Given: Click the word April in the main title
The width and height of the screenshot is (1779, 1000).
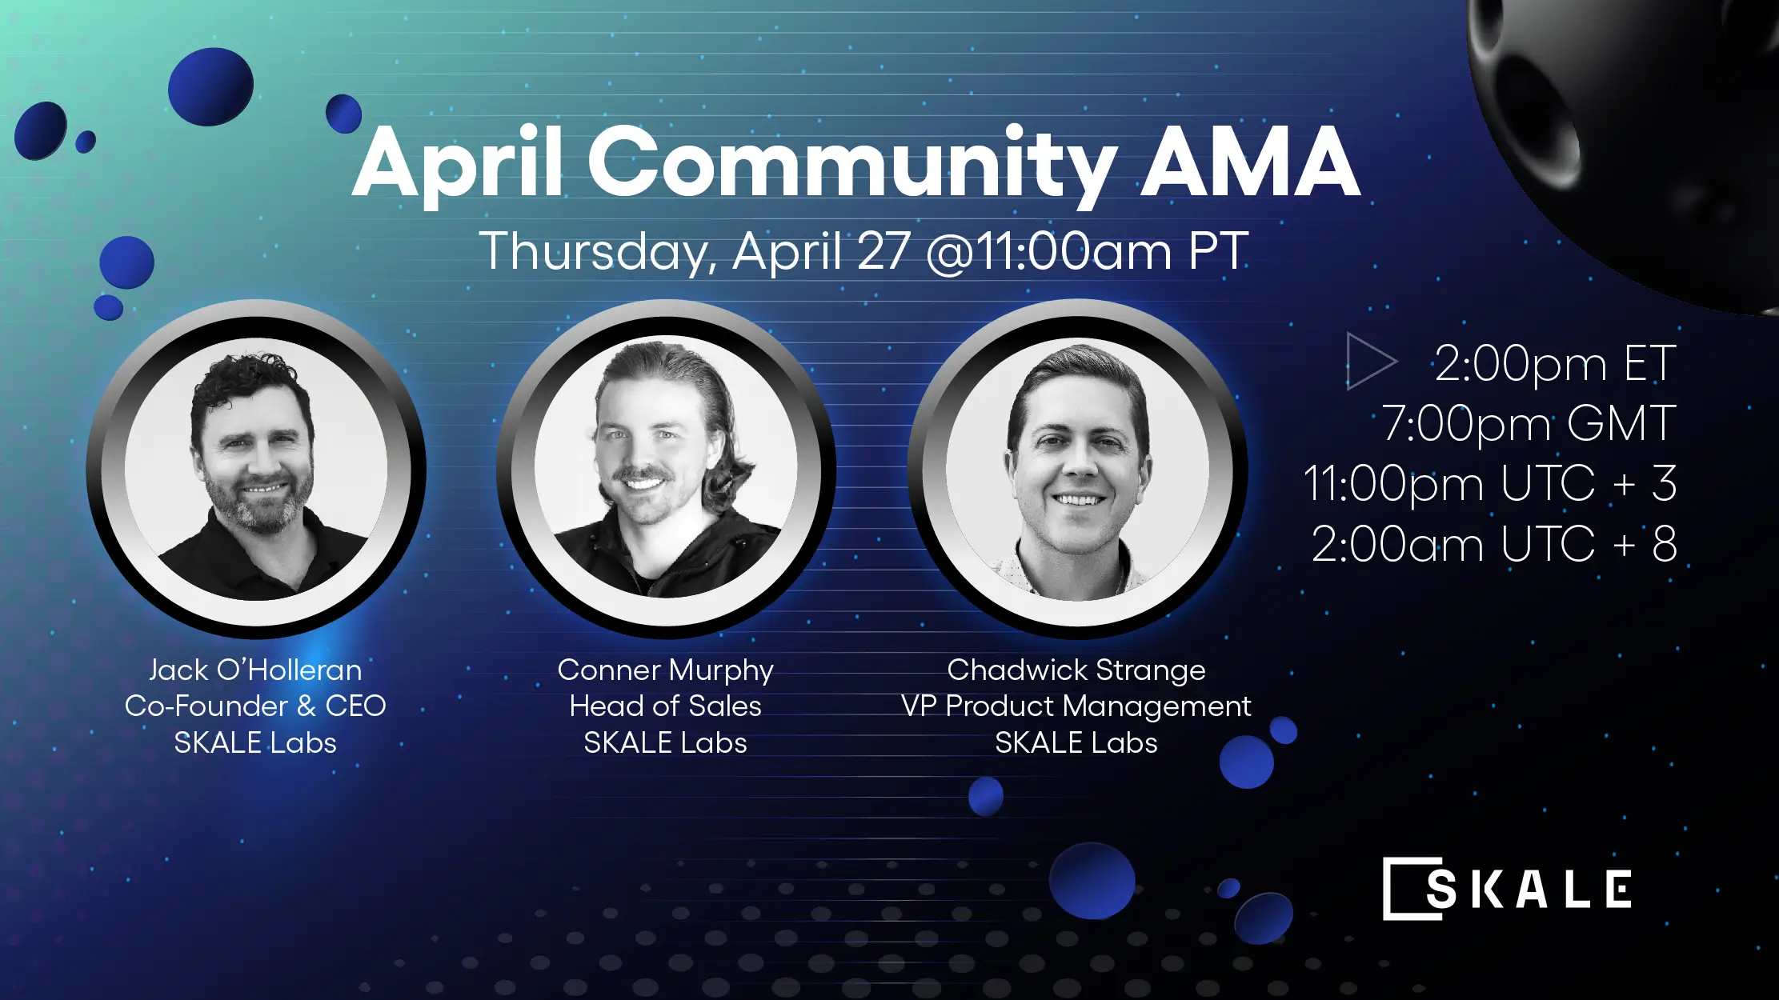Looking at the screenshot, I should tap(457, 164).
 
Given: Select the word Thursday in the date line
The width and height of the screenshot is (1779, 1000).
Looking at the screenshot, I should tap(593, 251).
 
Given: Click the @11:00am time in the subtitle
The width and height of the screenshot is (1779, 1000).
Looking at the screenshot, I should tap(1049, 251).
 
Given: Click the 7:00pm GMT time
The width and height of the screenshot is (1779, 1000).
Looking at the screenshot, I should tap(1528, 423).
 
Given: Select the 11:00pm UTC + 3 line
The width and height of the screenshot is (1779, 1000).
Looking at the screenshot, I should tap(1489, 483).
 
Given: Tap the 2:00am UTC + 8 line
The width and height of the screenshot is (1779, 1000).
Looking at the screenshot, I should tap(1493, 544).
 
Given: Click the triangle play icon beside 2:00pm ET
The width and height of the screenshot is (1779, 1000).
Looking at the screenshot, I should tap(1369, 362).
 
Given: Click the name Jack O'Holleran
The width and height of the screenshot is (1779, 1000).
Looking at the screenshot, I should tap(255, 670).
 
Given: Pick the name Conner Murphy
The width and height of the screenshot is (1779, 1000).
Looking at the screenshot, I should tap(665, 670).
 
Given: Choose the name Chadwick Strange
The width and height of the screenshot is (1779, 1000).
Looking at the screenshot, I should tap(1076, 670).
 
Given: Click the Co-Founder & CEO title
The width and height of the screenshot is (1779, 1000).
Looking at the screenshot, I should tap(255, 706).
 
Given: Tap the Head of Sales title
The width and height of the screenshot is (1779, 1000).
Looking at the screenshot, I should tap(665, 706).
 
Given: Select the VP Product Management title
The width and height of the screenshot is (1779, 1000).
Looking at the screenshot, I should tap(1076, 706).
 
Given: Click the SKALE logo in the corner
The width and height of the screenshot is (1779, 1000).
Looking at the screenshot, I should tap(1507, 889).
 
